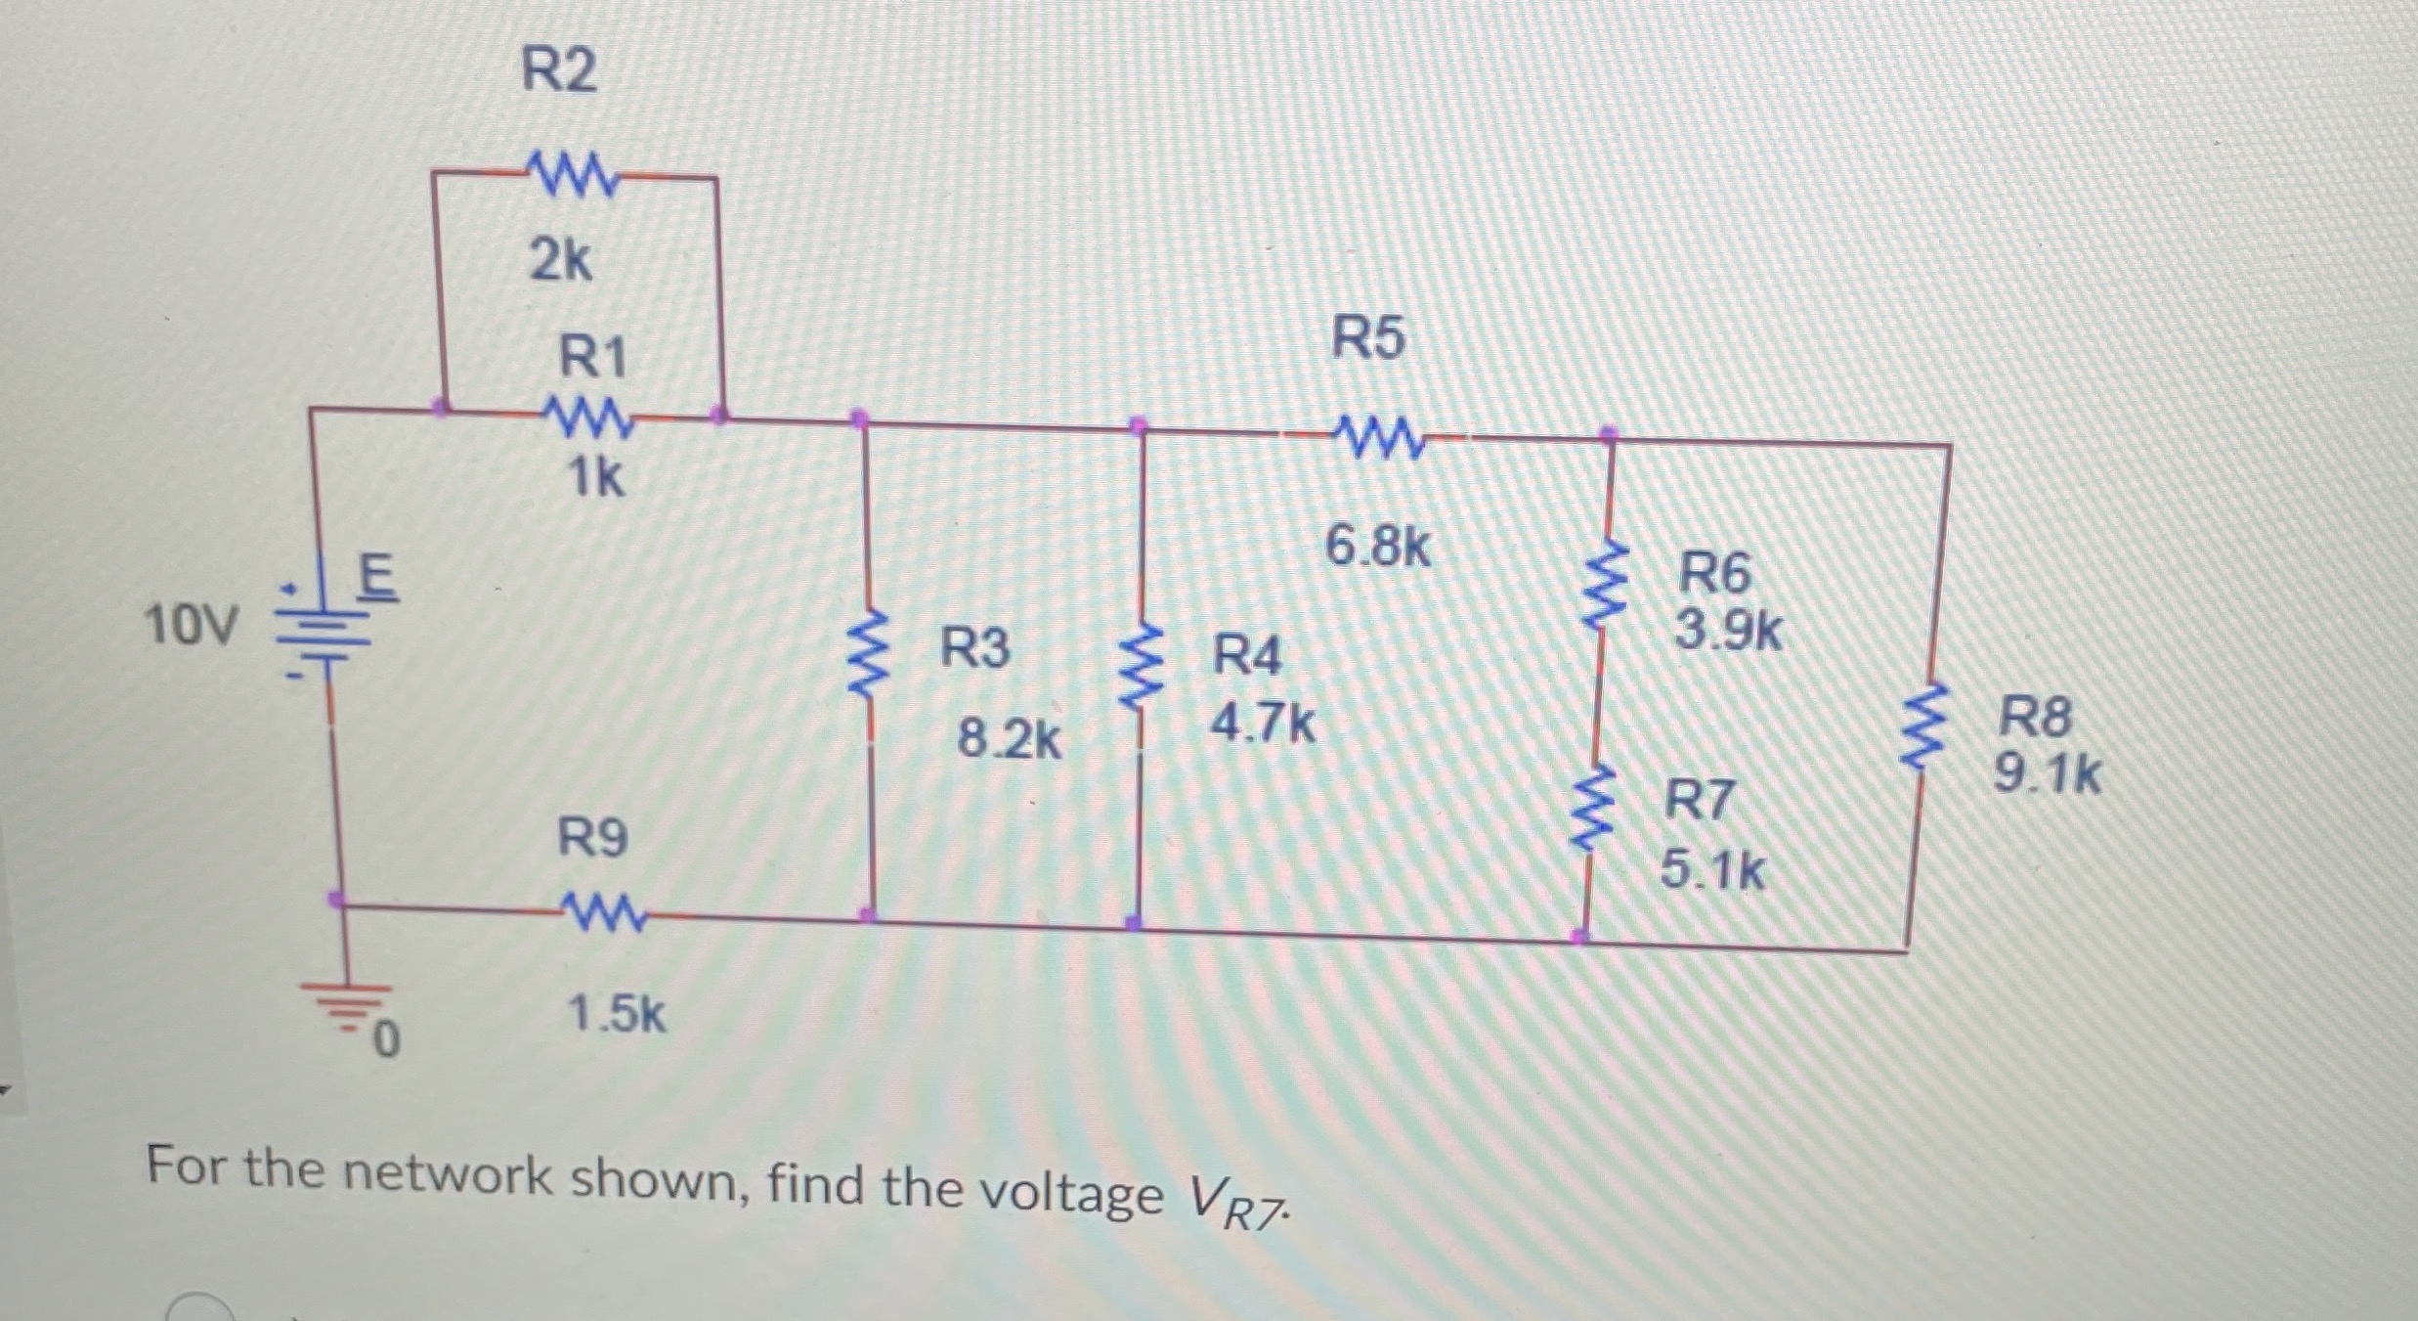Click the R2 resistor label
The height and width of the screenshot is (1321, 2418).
558,71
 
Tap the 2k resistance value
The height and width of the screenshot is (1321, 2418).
560,261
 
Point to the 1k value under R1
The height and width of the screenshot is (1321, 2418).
595,477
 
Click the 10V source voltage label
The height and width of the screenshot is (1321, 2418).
191,626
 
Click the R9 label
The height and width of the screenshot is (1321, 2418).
592,838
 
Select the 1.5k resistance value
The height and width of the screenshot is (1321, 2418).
617,1014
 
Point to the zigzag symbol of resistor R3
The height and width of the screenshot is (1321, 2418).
866,655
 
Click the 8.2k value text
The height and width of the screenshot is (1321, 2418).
1009,739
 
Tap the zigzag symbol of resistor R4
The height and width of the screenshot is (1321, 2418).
1140,665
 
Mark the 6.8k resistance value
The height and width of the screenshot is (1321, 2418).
1378,548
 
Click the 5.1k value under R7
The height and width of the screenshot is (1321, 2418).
1712,869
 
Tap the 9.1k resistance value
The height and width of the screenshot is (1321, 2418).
2047,776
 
